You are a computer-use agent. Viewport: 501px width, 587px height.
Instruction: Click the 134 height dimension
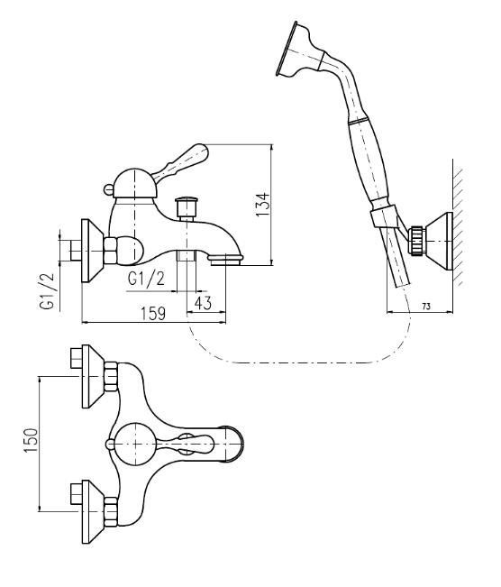pos(262,205)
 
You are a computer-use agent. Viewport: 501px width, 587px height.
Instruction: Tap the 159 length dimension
pos(153,314)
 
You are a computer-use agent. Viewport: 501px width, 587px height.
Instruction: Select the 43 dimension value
pos(203,303)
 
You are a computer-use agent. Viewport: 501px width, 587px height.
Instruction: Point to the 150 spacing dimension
pos(32,440)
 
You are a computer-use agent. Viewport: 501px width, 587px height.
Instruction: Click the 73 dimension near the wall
pos(426,307)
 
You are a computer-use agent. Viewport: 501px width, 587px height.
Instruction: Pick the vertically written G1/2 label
pos(47,291)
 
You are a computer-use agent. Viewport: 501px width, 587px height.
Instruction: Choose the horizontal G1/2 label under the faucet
pos(146,279)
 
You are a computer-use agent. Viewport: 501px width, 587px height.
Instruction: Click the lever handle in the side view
pos(181,162)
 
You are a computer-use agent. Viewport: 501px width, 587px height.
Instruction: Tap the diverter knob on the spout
pos(187,208)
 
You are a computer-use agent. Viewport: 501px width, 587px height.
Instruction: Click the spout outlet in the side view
pos(225,260)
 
